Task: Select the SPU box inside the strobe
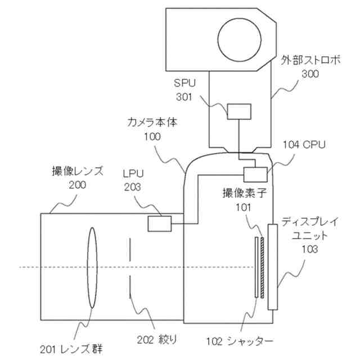(x=238, y=111)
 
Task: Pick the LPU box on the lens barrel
(x=160, y=223)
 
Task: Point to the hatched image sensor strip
(x=262, y=267)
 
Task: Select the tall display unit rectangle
(x=273, y=267)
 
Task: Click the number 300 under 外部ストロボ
(x=310, y=74)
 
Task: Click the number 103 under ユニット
(x=310, y=249)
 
